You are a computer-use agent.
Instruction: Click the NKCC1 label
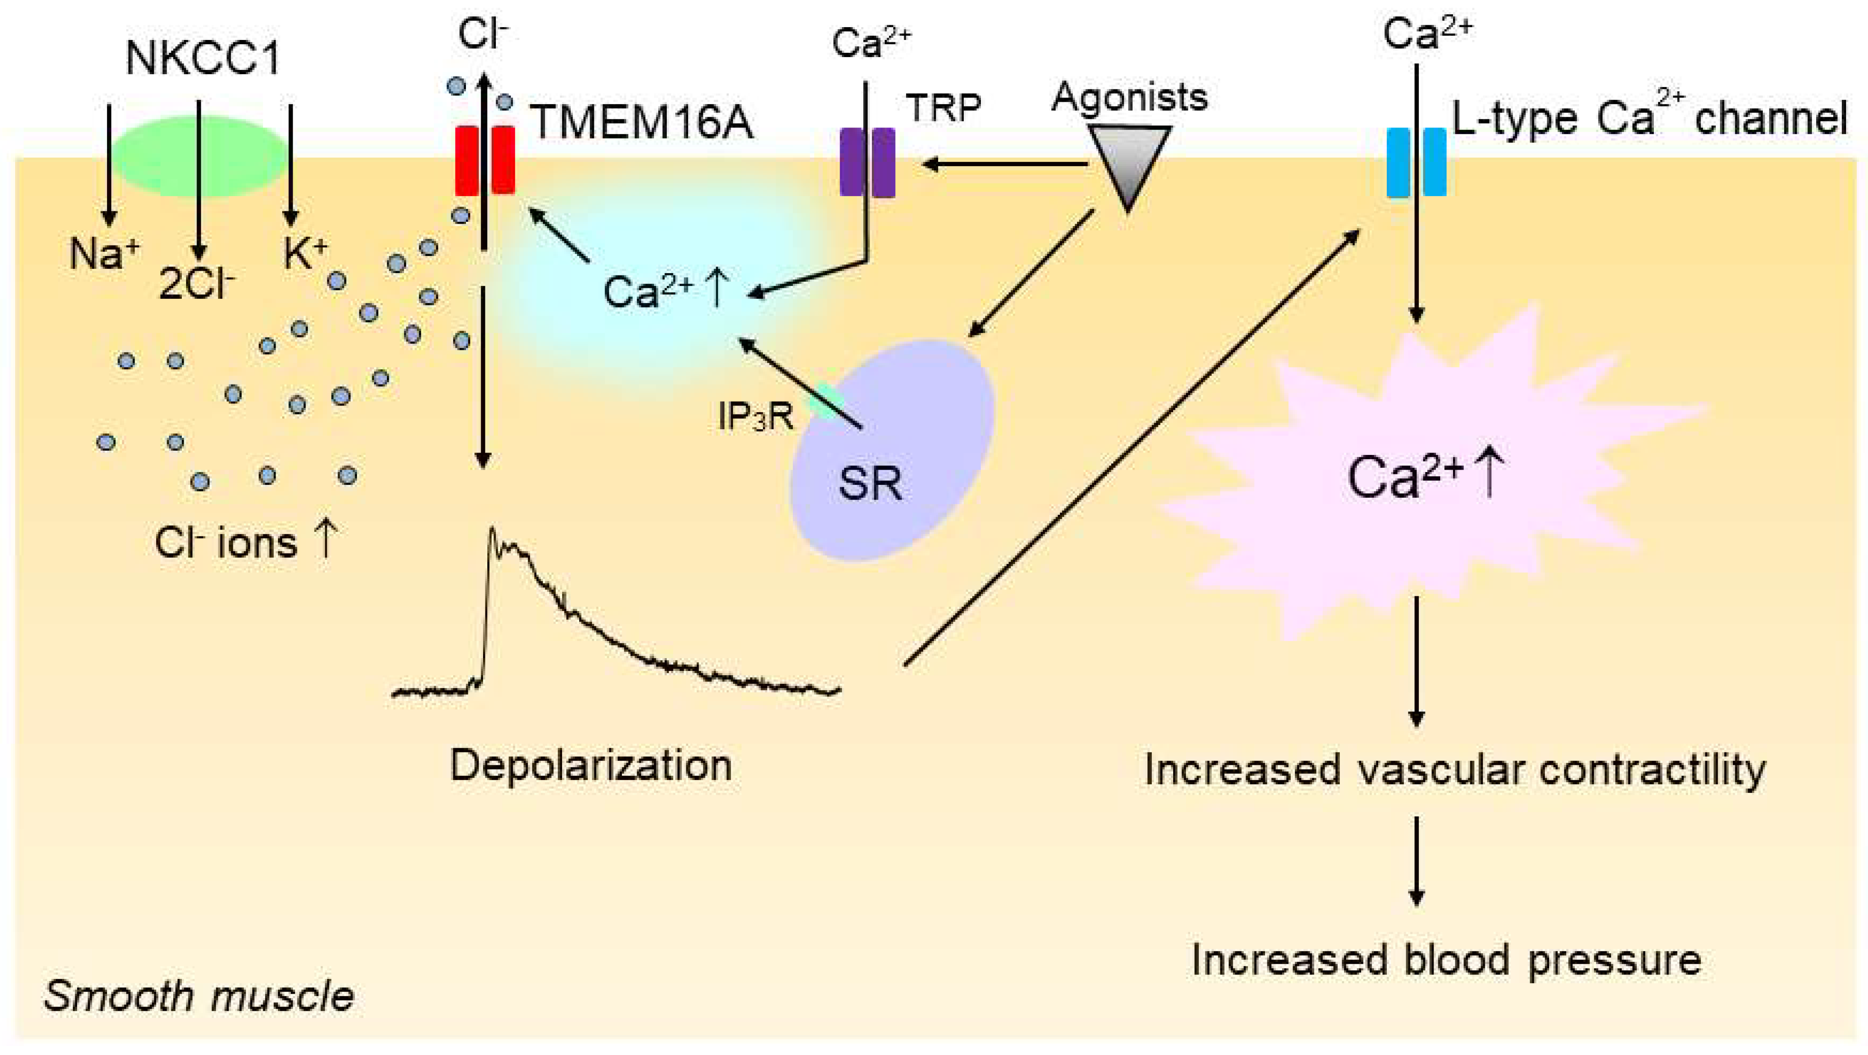(x=203, y=58)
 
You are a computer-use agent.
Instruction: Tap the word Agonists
(x=1129, y=97)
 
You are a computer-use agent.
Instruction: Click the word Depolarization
(x=591, y=766)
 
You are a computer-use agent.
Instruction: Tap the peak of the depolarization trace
(x=493, y=529)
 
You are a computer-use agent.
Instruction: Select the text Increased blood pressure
(x=1447, y=961)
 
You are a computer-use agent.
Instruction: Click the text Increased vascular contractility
(x=1454, y=770)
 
